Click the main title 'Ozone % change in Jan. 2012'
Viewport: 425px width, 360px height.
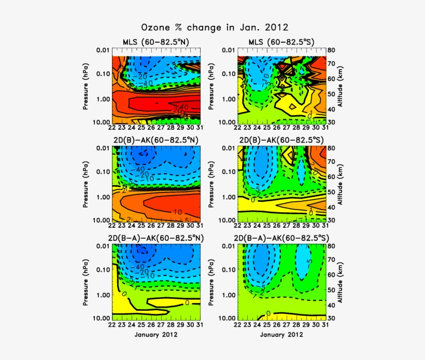(215, 27)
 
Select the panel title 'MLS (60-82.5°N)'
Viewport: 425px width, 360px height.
(157, 43)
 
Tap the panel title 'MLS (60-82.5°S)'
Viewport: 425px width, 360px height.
(281, 43)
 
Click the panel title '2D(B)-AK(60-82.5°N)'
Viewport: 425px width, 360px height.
(157, 140)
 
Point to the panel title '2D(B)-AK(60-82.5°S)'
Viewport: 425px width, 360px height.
(281, 140)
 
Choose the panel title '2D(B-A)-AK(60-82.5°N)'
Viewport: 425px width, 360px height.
(157, 238)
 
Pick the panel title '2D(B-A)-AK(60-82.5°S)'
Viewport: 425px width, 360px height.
(281, 238)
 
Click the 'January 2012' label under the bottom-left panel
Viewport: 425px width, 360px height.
(157, 335)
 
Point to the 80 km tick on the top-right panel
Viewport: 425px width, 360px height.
(332, 50)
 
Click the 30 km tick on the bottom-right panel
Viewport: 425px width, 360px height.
(332, 318)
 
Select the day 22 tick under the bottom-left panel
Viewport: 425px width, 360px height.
(112, 325)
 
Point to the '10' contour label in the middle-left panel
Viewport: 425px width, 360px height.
(177, 212)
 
